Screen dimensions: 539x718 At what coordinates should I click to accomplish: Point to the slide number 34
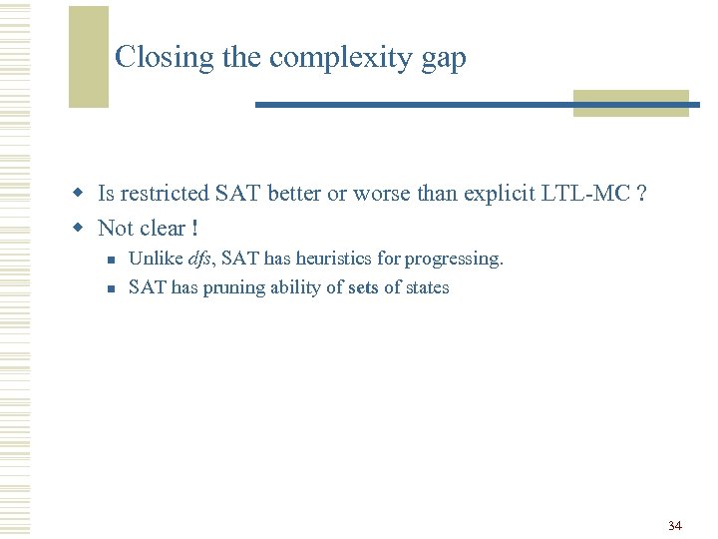click(x=675, y=525)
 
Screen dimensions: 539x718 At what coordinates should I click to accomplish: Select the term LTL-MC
click(x=587, y=194)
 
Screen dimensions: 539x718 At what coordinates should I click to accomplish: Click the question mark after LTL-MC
click(x=640, y=194)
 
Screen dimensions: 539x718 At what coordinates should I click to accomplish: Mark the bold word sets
click(x=364, y=287)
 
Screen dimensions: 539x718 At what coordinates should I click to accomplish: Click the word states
click(x=427, y=287)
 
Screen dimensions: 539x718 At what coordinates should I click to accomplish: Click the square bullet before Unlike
click(x=113, y=260)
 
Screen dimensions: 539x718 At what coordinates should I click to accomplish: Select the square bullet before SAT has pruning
click(x=113, y=288)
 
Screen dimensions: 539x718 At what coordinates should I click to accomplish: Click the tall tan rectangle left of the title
click(x=88, y=56)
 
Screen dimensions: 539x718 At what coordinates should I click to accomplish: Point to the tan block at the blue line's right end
click(x=630, y=104)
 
